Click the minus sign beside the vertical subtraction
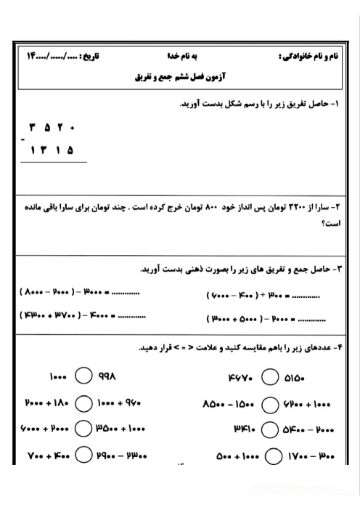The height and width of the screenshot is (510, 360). tap(22, 139)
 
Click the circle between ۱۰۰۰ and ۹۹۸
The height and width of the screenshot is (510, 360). tap(83, 377)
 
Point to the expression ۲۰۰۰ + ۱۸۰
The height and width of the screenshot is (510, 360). tap(46, 402)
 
